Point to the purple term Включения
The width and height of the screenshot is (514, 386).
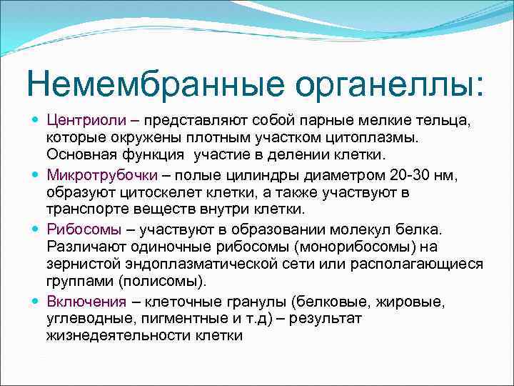pyautogui.click(x=86, y=300)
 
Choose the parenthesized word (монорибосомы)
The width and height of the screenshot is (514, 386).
pyautogui.click(x=373, y=247)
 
